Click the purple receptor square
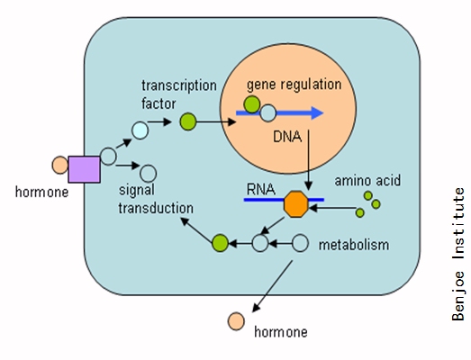[x=84, y=169]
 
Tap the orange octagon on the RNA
[x=296, y=204]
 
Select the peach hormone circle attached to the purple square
[x=60, y=165]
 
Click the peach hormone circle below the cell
[x=236, y=321]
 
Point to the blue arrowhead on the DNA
[x=317, y=112]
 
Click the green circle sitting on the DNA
[x=252, y=104]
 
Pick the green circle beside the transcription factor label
[x=188, y=121]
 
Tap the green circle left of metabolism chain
[x=220, y=243]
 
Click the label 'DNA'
[x=287, y=137]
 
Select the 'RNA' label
[x=261, y=190]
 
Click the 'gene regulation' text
[x=294, y=85]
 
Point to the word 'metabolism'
[x=354, y=245]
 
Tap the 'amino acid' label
[x=367, y=181]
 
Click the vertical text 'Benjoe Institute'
[x=458, y=255]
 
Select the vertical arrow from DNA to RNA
[x=308, y=160]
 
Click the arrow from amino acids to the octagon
[x=333, y=208]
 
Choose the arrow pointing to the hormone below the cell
[x=272, y=286]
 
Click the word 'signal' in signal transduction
[x=137, y=191]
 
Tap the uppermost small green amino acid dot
[x=368, y=196]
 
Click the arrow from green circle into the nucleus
[x=216, y=121]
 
